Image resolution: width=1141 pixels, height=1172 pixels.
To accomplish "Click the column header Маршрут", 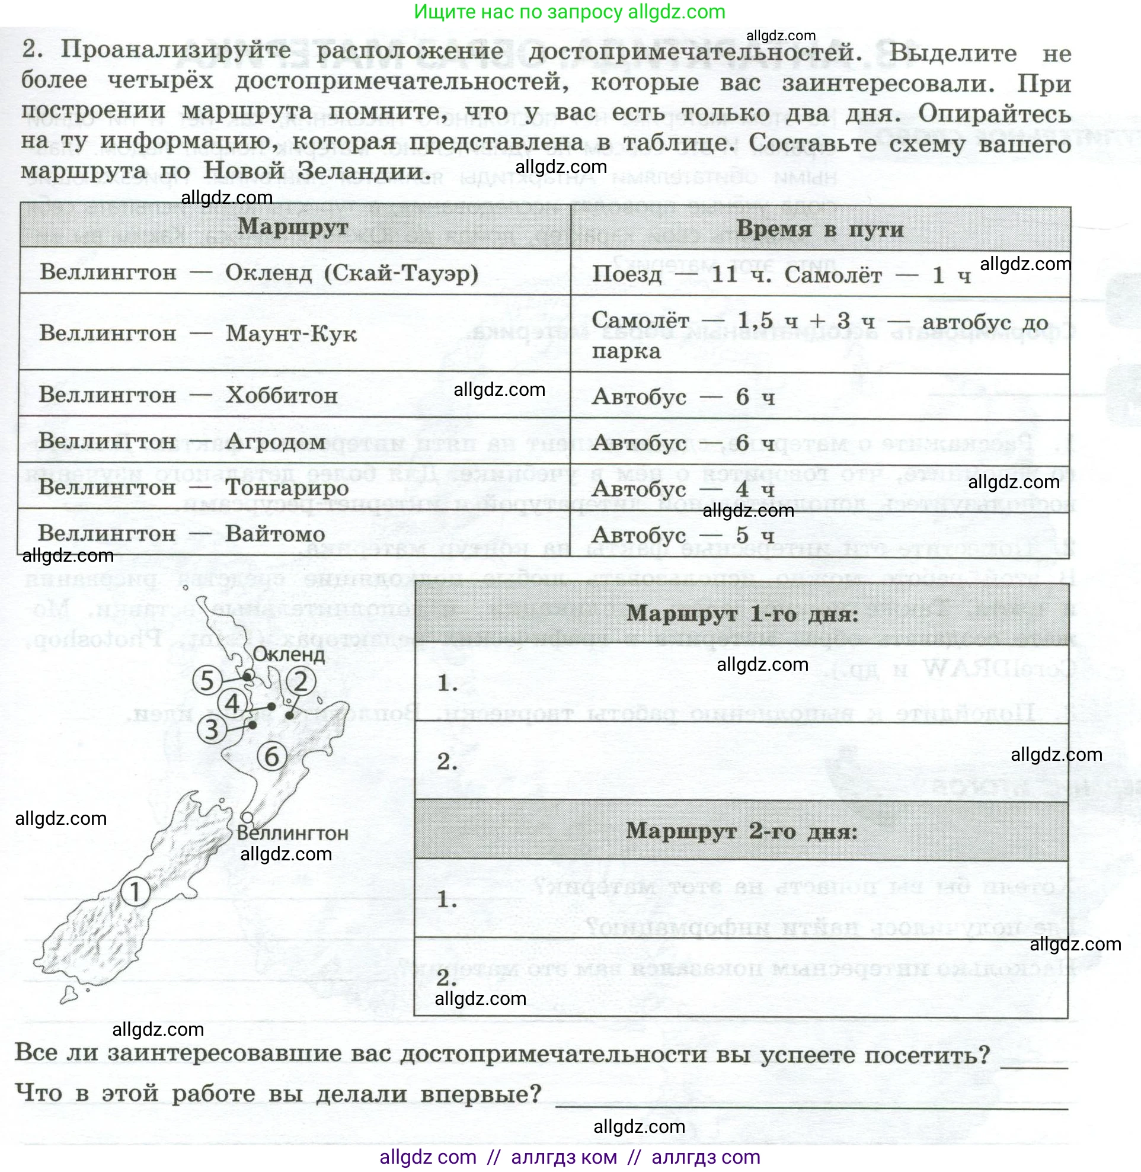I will (292, 227).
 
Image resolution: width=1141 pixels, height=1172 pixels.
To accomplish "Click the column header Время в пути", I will (819, 229).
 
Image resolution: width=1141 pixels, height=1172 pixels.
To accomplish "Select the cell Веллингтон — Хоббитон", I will (188, 395).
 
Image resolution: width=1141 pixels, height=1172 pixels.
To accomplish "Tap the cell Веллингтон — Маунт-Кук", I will (198, 333).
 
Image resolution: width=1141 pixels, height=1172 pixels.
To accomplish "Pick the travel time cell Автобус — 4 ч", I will (683, 489).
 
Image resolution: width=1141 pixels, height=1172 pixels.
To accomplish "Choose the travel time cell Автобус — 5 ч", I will (683, 535).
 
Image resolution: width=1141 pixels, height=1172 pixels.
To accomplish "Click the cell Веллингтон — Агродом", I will (182, 441).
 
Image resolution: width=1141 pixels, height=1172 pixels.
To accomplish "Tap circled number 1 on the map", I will (135, 892).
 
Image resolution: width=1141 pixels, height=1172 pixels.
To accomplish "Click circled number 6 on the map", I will (271, 757).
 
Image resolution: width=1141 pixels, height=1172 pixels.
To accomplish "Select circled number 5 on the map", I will (207, 681).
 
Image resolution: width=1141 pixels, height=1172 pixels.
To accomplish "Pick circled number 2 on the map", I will (301, 681).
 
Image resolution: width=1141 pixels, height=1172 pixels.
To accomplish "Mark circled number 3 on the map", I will (212, 729).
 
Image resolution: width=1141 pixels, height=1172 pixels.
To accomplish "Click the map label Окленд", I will (289, 654).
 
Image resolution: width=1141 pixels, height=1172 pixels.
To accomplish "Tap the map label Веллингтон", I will (292, 833).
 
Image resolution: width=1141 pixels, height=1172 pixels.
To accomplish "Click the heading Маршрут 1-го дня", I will (742, 614).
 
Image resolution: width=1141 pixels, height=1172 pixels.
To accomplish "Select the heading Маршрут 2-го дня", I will (742, 831).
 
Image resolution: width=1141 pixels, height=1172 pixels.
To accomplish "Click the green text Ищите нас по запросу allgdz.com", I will (569, 11).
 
